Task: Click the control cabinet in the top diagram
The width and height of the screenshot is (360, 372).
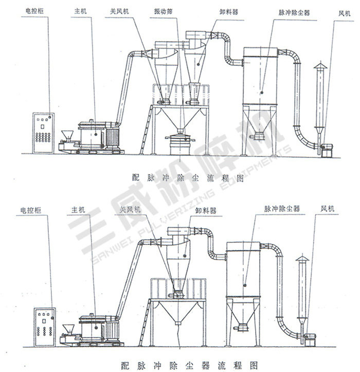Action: [x=43, y=133]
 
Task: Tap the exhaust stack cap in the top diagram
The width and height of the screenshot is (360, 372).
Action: [x=320, y=66]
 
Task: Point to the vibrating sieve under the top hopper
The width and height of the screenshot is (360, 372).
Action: [x=178, y=139]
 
